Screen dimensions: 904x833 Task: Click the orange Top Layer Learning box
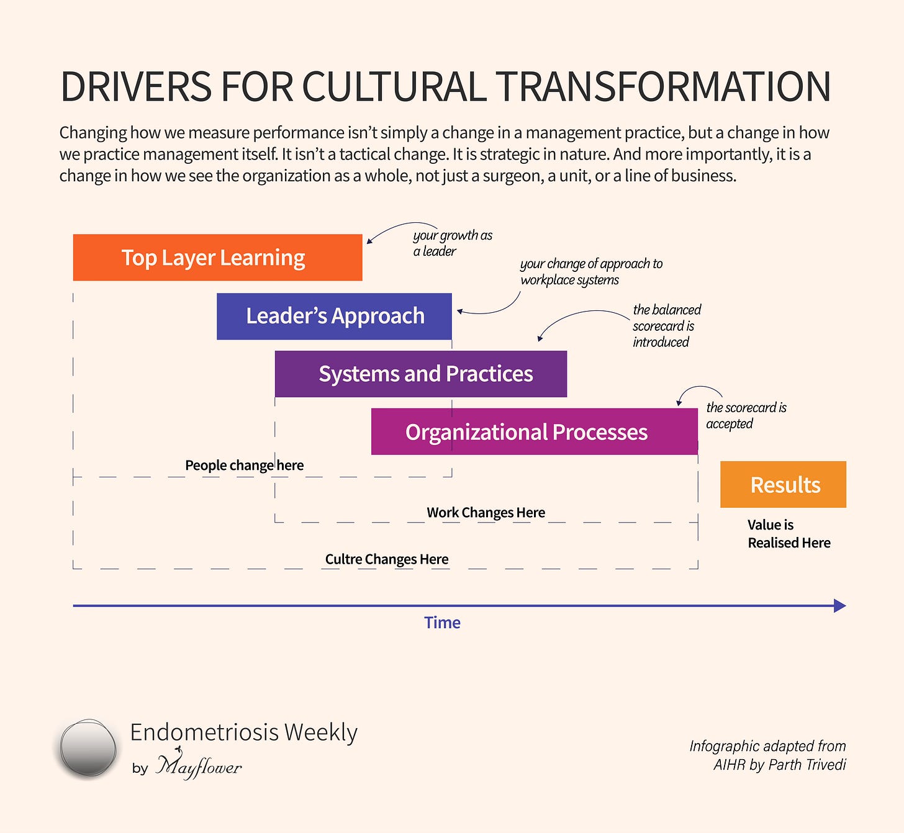pyautogui.click(x=217, y=258)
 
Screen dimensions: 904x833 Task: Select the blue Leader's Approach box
pyautogui.click(x=334, y=316)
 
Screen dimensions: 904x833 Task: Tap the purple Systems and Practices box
pyautogui.click(x=421, y=374)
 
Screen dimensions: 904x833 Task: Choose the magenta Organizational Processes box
pyautogui.click(x=534, y=431)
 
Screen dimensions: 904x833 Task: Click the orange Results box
pyautogui.click(x=783, y=484)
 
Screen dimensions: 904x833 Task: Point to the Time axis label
pyautogui.click(x=442, y=623)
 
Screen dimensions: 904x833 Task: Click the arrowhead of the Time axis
pyautogui.click(x=839, y=606)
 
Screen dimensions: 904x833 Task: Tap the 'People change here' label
pyautogui.click(x=244, y=466)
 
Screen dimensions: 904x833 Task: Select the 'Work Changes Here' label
pyautogui.click(x=486, y=513)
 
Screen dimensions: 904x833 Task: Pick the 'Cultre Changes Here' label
pyautogui.click(x=386, y=559)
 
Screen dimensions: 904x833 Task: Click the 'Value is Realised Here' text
pyautogui.click(x=788, y=534)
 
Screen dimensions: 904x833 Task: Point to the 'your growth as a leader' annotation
pyautogui.click(x=452, y=243)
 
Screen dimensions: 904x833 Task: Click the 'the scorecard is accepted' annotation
pyautogui.click(x=746, y=415)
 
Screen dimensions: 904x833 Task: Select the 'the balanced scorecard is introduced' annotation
pyautogui.click(x=666, y=326)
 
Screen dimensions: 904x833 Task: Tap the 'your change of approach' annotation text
pyautogui.click(x=590, y=272)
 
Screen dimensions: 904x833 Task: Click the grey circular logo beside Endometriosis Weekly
pyautogui.click(x=88, y=748)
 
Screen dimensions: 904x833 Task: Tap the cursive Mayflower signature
pyautogui.click(x=199, y=766)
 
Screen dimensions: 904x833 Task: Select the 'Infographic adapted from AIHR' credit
pyautogui.click(x=767, y=755)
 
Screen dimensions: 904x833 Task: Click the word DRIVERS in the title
pyautogui.click(x=136, y=87)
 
